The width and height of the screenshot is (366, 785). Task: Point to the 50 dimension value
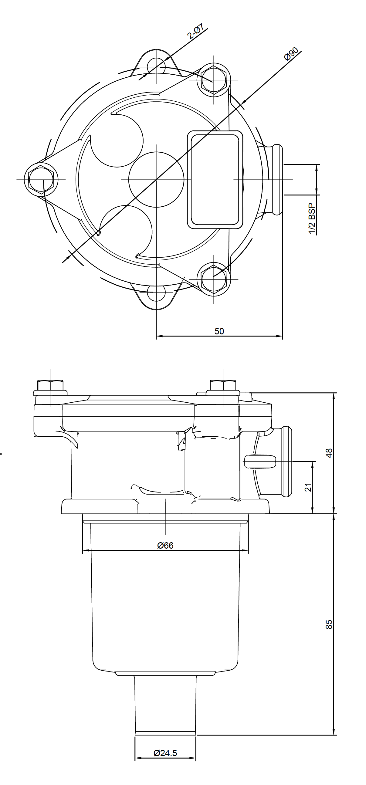(x=219, y=331)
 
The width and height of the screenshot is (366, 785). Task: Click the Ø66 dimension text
(x=165, y=546)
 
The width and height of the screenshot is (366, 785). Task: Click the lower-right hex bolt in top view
(x=213, y=279)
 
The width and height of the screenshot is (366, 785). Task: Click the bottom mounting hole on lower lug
(x=156, y=293)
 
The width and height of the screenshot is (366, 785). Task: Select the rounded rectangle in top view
(x=215, y=180)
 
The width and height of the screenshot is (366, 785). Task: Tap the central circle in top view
(x=156, y=180)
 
